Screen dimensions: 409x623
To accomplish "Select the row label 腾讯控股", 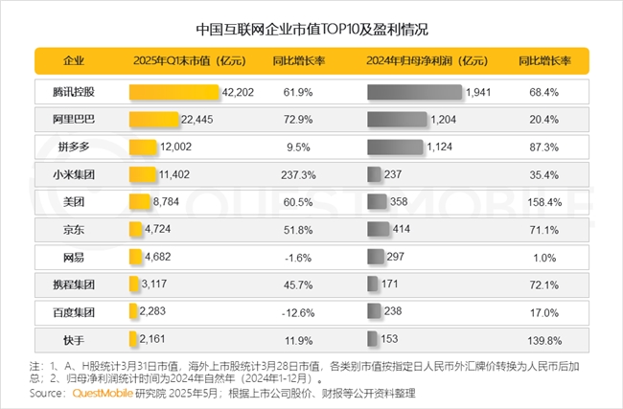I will click(x=73, y=93).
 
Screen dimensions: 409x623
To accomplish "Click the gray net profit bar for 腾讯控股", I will click(x=415, y=93).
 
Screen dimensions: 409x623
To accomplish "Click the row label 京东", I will click(x=73, y=230).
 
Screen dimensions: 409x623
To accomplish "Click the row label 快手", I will click(x=73, y=340).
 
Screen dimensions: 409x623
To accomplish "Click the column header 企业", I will click(x=73, y=60).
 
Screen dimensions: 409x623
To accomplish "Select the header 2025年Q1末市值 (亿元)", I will click(x=185, y=60).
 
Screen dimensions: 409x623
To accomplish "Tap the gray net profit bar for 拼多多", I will click(x=396, y=148).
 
